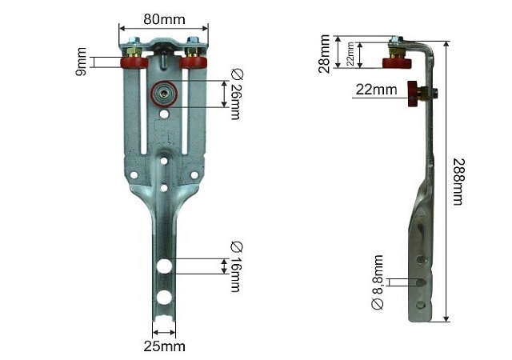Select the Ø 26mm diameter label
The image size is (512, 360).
point(235,94)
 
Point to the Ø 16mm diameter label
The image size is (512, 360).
point(235,266)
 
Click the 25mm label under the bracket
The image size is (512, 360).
point(164,346)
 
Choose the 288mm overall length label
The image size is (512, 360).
point(457,181)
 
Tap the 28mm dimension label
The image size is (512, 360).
point(324,54)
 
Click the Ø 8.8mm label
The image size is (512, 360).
point(378,282)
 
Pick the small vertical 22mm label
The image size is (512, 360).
point(350,54)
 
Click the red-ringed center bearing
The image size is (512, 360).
point(163,93)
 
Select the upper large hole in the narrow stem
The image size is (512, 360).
point(163,266)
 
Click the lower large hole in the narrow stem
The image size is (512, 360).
point(163,298)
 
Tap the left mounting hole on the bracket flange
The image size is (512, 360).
point(133,174)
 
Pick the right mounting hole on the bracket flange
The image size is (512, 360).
point(194,174)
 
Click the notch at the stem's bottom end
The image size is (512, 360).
point(163,330)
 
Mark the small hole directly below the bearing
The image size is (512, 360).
point(163,115)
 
